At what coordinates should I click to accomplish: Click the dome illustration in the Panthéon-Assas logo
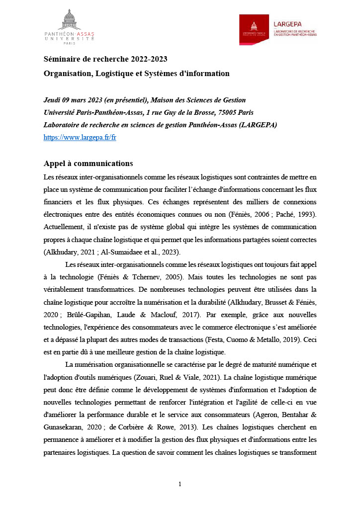(69, 20)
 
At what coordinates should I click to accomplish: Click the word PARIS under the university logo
(69, 44)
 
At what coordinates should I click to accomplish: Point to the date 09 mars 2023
(83, 100)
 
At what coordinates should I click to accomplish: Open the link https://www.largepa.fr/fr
(80, 137)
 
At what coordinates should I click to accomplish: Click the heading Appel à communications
(88, 164)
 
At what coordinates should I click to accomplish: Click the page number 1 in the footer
(180, 484)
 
